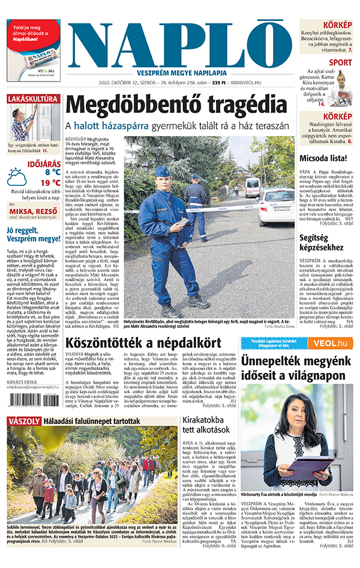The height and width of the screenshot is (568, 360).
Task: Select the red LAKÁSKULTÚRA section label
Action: pos(34,98)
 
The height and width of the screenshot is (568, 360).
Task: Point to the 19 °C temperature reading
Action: pos(50,183)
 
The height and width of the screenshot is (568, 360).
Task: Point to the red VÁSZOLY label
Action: pos(24,421)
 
